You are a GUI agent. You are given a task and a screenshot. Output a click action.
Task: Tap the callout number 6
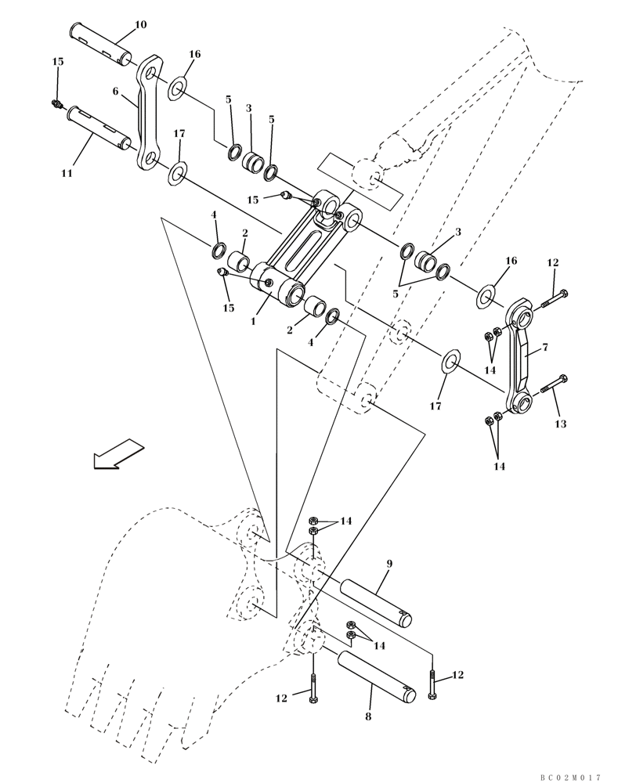115,92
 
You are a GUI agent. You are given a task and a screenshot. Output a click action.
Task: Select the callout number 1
254,321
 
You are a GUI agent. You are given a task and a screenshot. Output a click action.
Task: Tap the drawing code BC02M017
570,777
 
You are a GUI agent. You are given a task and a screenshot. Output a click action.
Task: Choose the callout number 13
560,424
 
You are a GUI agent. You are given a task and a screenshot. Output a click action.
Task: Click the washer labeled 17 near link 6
177,171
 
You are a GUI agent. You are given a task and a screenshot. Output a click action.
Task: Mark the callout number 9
388,563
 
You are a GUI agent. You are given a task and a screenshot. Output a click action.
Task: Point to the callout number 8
367,716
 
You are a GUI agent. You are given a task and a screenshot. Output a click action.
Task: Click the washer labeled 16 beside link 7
486,296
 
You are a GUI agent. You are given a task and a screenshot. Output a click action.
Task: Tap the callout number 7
545,347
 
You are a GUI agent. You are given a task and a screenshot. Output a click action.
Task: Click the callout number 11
67,172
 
